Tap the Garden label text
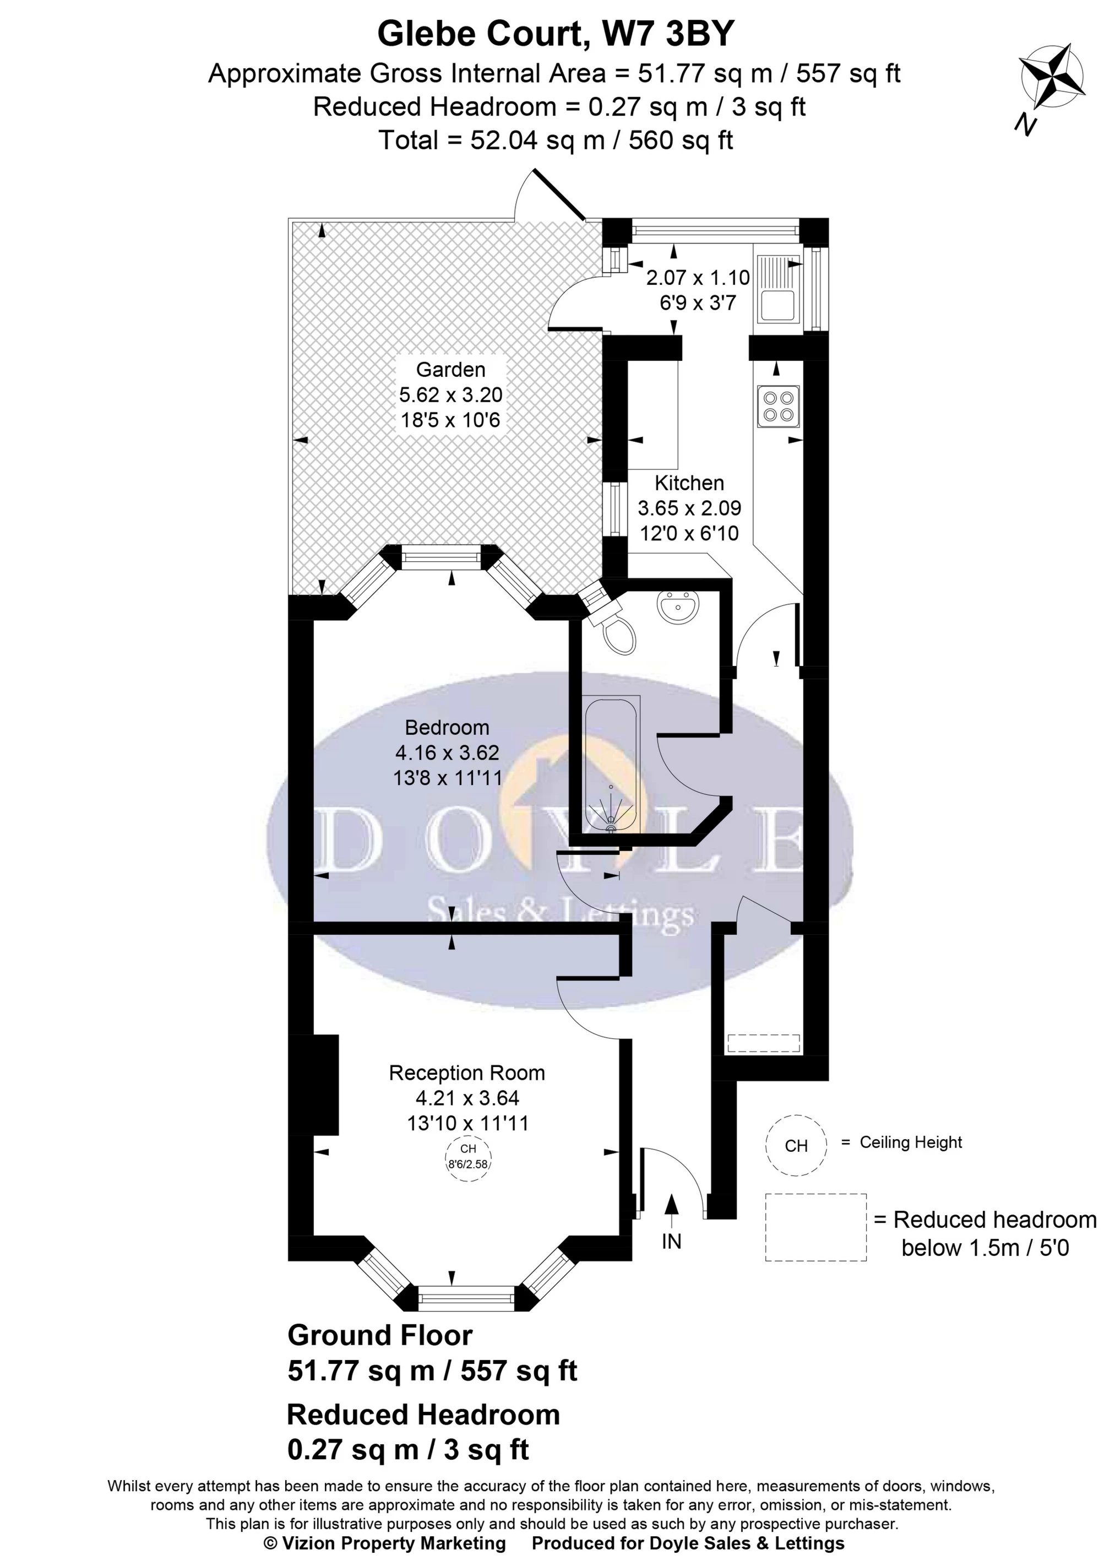click(x=450, y=370)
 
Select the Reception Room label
click(x=467, y=1072)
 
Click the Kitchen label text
click(x=689, y=483)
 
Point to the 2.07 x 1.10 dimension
click(x=698, y=278)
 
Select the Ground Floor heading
click(x=380, y=1335)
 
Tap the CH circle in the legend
click(x=796, y=1145)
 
